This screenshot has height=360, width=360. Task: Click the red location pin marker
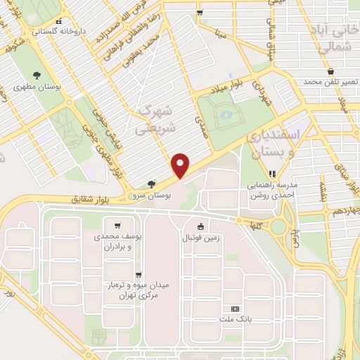click(181, 165)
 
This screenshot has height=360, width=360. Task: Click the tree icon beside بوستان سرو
click(152, 184)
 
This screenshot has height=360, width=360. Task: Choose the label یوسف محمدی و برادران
click(118, 243)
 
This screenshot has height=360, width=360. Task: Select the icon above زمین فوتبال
click(202, 226)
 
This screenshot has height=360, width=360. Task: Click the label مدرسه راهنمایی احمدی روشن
click(272, 191)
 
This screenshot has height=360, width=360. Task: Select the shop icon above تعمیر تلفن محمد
click(330, 71)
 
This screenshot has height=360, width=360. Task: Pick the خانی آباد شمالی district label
click(334, 40)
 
